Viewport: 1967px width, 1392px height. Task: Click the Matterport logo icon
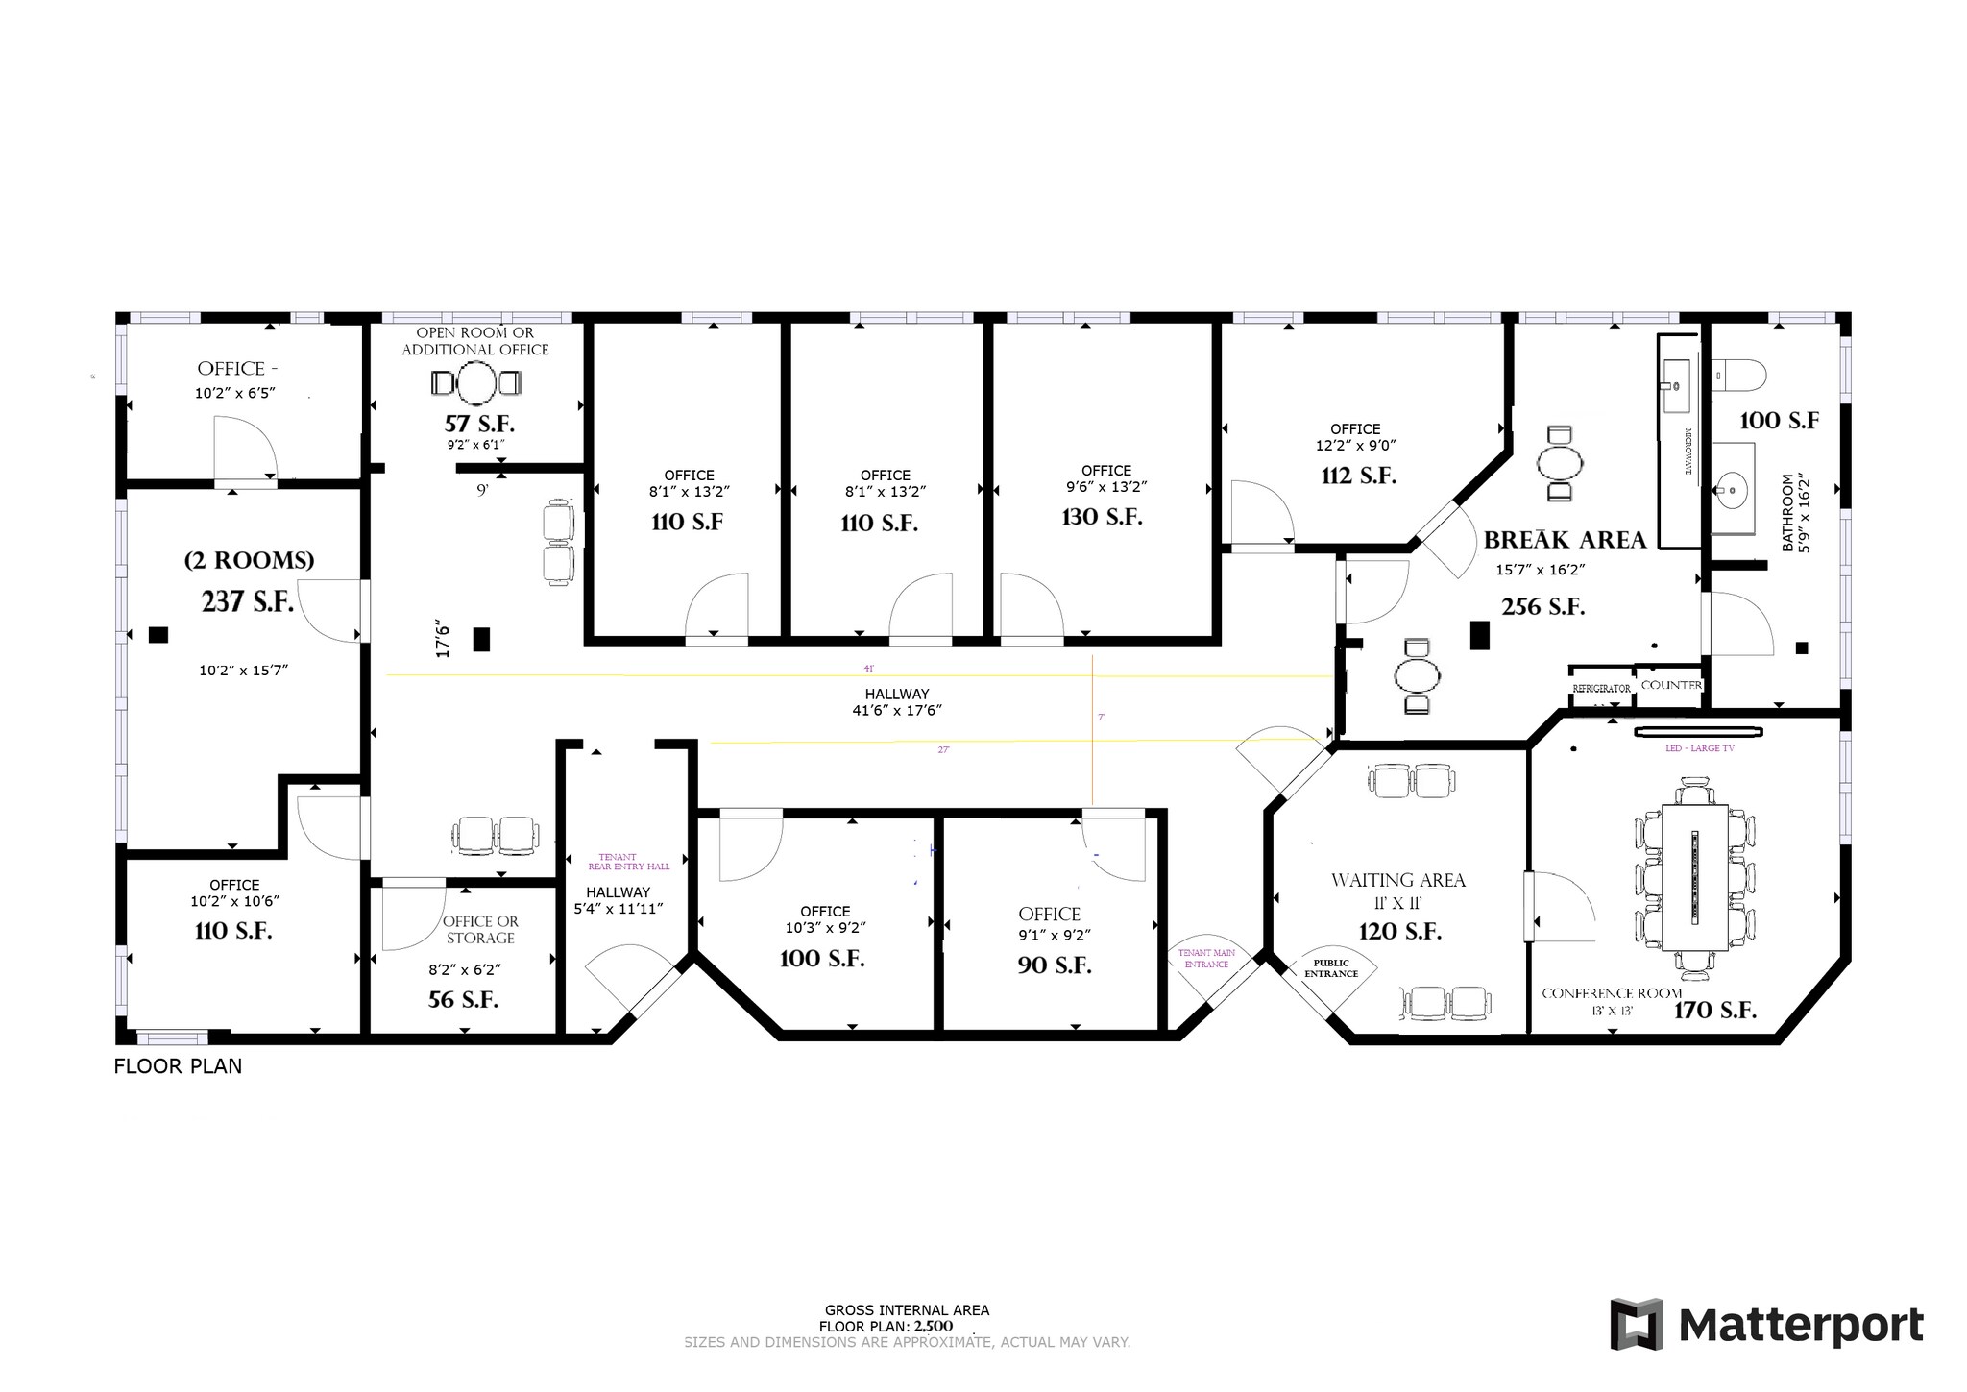1637,1324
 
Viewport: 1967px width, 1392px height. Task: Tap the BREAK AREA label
1565,540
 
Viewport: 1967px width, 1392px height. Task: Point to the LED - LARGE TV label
1699,747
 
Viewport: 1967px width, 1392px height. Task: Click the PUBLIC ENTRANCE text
1330,968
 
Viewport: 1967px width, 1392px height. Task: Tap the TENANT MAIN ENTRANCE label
1206,958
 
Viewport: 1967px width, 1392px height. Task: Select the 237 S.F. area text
247,602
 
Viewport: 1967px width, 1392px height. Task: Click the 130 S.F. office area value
1102,518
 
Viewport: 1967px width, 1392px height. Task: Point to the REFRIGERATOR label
1601,689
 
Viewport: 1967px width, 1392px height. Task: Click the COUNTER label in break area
1671,685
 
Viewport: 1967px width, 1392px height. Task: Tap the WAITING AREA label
1397,880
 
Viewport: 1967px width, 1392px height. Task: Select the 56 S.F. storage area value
463,1000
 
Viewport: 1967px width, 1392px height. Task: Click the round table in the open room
475,383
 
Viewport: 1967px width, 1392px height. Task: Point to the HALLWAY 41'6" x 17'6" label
897,702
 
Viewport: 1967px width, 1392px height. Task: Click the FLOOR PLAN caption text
178,1066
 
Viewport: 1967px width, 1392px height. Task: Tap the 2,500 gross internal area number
933,1326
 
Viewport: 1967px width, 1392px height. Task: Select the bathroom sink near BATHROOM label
1732,491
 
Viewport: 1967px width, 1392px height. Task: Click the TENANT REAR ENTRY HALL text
628,862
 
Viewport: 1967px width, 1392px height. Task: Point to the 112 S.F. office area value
1358,476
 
